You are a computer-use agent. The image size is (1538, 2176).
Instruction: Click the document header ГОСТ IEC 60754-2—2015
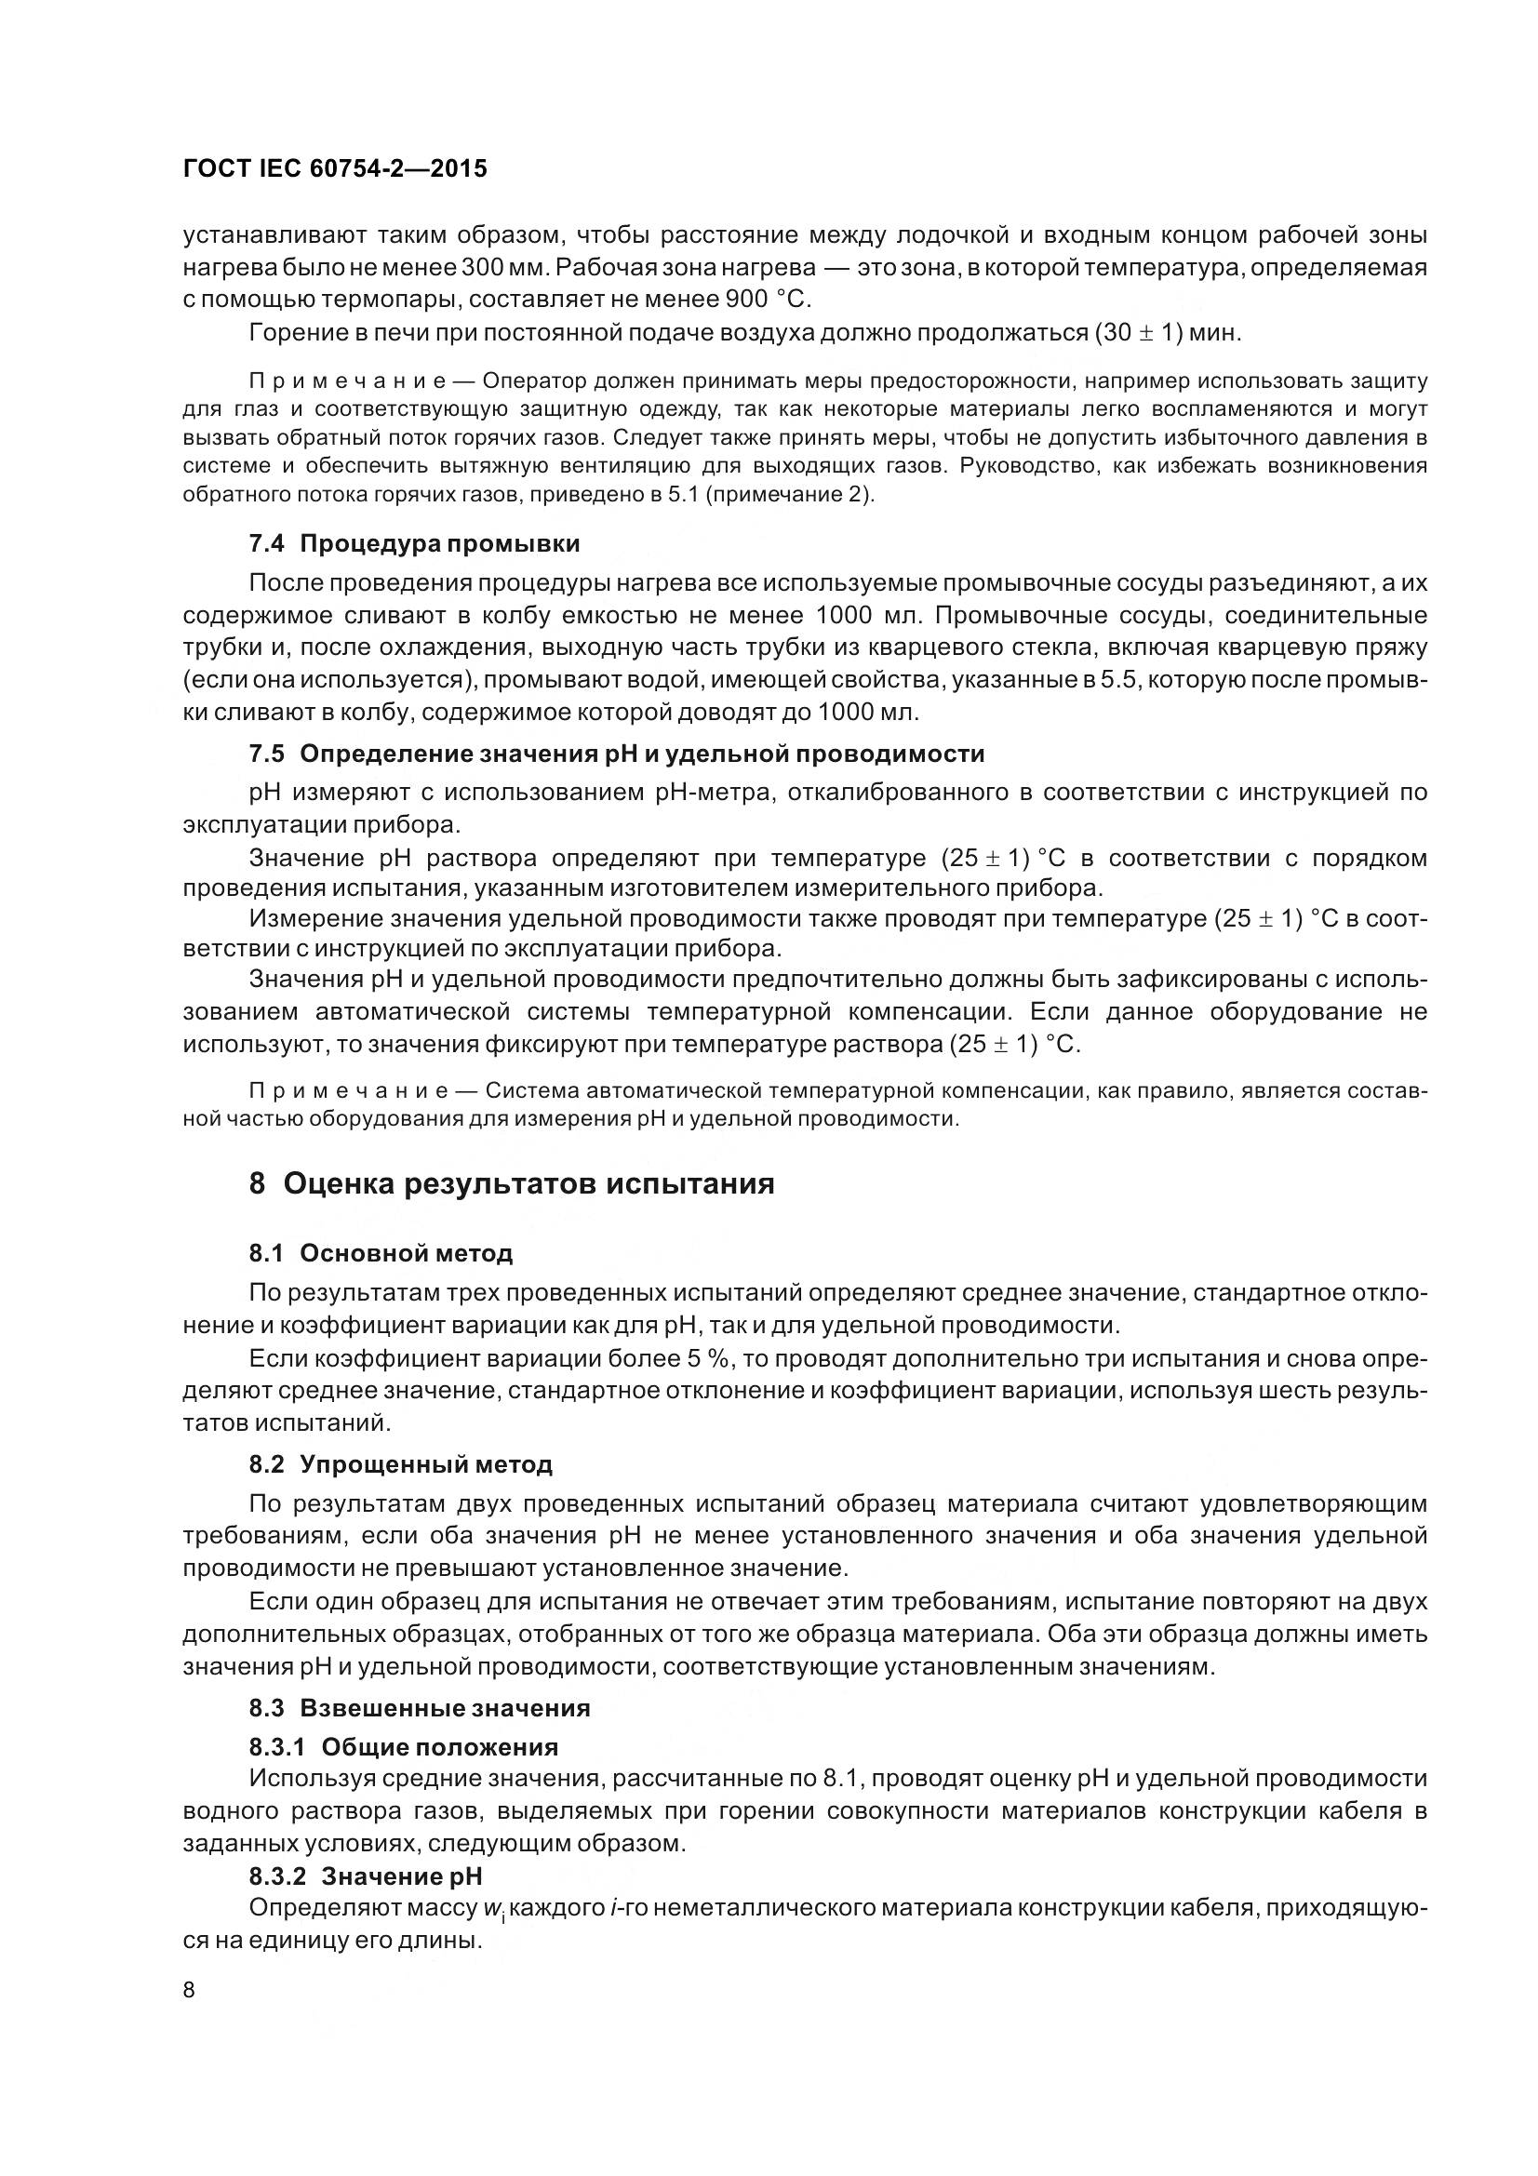pyautogui.click(x=335, y=168)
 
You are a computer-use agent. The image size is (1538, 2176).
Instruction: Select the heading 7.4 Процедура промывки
pyautogui.click(x=414, y=544)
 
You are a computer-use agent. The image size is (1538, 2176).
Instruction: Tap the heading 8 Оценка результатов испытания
pyautogui.click(x=512, y=1183)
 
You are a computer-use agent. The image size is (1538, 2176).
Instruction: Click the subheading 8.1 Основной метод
pyautogui.click(x=381, y=1253)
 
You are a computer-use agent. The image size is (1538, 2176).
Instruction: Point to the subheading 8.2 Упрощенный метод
pyautogui.click(x=400, y=1464)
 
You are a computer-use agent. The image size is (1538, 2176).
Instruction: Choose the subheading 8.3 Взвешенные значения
pyautogui.click(x=419, y=1708)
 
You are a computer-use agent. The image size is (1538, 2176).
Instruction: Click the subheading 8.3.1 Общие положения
pyautogui.click(x=403, y=1747)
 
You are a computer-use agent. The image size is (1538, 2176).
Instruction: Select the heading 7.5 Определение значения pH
pyautogui.click(x=616, y=754)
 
